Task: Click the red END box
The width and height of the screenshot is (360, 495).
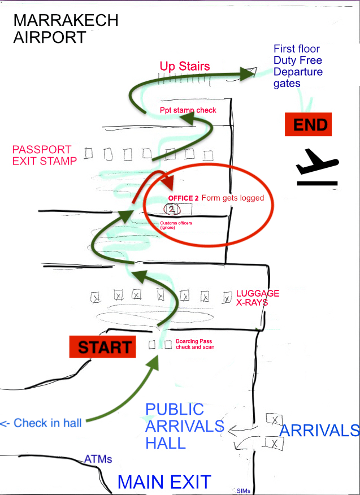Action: [307, 124]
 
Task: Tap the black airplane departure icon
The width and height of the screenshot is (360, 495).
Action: [316, 167]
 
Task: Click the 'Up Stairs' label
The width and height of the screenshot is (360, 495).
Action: [184, 67]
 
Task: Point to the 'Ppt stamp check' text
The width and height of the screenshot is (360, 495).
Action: [188, 110]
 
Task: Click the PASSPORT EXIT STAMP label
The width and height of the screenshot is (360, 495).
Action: [44, 155]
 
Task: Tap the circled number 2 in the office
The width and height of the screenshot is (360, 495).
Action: [172, 210]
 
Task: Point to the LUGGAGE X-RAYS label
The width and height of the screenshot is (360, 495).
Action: [257, 298]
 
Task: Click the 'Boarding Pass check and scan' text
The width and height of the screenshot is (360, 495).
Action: [195, 344]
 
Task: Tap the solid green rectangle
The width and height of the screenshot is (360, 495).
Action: [34, 407]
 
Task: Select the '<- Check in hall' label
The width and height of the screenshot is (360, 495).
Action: [41, 423]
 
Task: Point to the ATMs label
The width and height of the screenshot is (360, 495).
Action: [98, 459]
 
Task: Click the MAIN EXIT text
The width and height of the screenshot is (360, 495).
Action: [164, 482]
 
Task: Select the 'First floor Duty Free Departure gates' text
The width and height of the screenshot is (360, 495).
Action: [298, 66]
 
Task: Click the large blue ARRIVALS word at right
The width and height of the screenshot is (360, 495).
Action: [319, 431]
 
